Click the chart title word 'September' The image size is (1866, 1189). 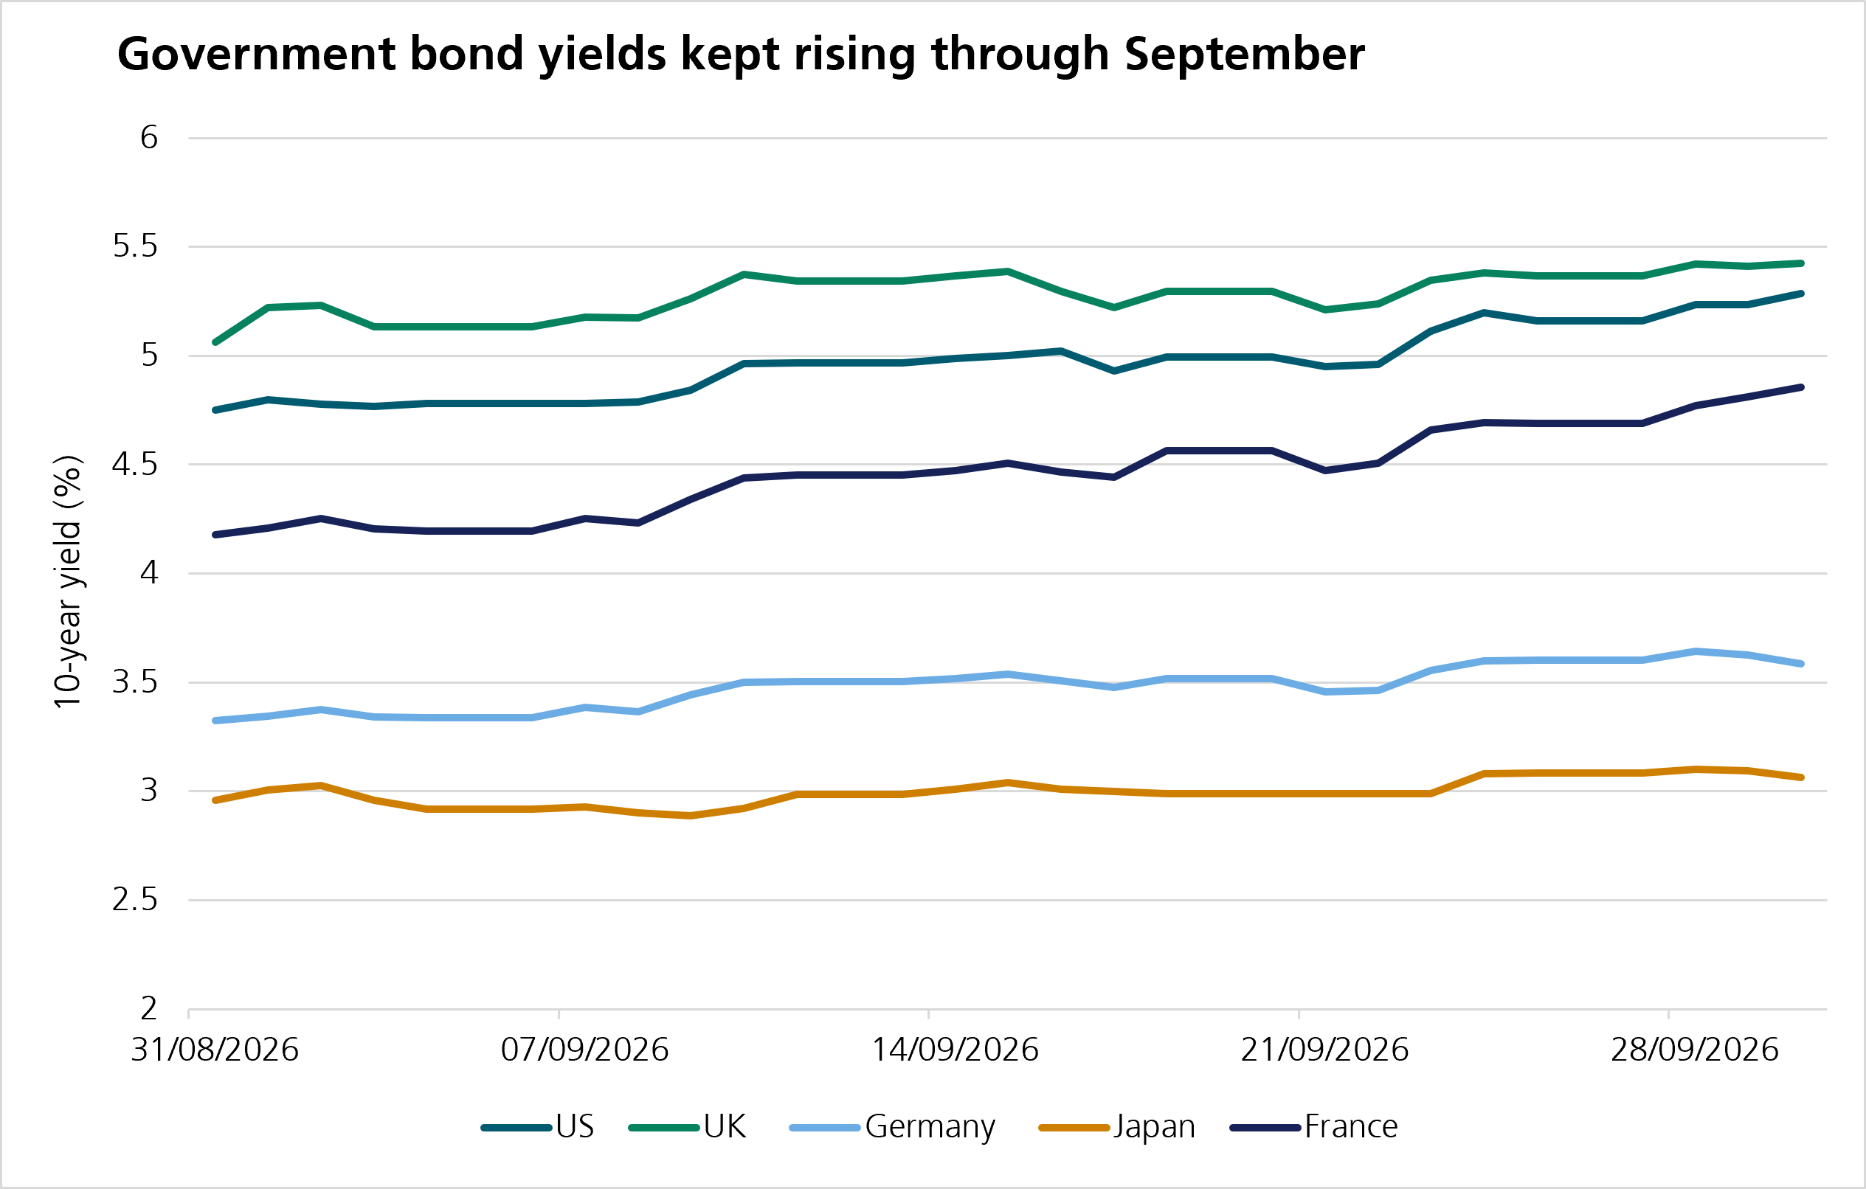click(x=1244, y=55)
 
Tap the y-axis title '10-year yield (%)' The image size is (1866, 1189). click(x=67, y=581)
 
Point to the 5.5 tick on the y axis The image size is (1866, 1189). click(x=135, y=246)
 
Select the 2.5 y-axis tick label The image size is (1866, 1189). click(x=135, y=900)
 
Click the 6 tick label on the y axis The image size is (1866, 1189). click(x=149, y=138)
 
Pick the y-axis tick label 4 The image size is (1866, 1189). click(x=149, y=573)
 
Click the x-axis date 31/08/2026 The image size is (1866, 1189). click(x=215, y=1050)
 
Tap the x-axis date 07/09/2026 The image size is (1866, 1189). click(x=584, y=1050)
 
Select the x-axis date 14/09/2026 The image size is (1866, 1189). click(x=955, y=1050)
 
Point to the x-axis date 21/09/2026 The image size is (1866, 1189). click(x=1324, y=1050)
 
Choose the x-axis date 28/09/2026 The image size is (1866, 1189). click(x=1695, y=1050)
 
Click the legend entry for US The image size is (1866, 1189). click(x=538, y=1127)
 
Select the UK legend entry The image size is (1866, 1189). click(x=688, y=1127)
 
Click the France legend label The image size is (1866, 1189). click(x=1314, y=1127)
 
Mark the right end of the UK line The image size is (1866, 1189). click(x=1802, y=263)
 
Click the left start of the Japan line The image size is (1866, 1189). click(x=215, y=800)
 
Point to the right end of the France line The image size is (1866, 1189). click(x=1802, y=387)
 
